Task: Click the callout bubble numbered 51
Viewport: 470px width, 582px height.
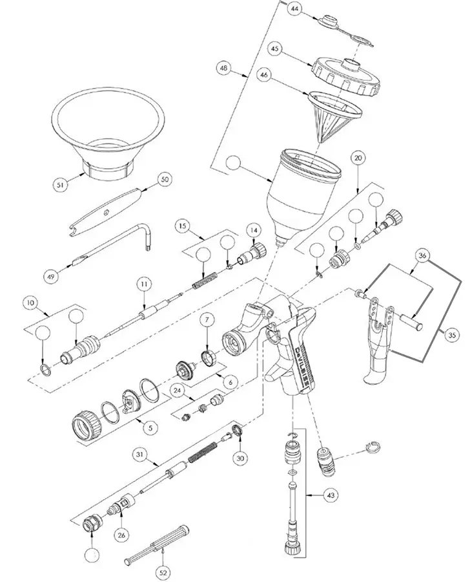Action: tap(61, 184)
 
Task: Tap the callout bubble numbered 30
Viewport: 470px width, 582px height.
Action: tap(240, 457)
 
